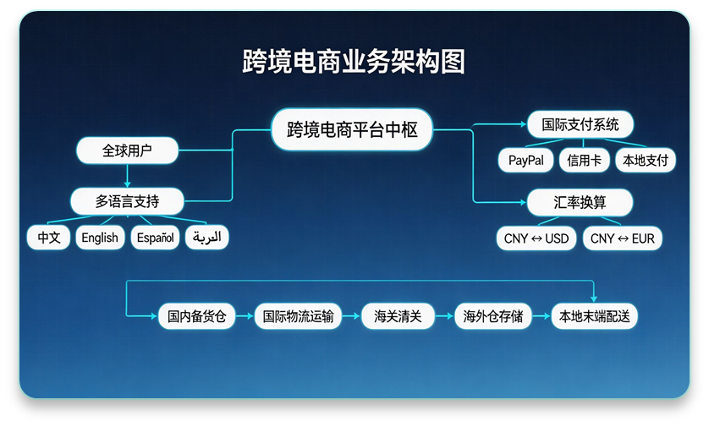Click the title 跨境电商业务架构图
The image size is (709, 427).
354,62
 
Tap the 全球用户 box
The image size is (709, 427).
127,151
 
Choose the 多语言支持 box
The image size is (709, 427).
127,201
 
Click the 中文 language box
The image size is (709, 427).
48,238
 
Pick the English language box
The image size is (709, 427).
100,238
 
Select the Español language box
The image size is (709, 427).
156,238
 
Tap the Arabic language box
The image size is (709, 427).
207,238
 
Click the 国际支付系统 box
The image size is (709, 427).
580,124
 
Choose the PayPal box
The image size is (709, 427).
525,160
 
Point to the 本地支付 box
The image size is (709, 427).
645,160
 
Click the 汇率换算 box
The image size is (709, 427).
580,203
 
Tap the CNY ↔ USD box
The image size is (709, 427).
536,238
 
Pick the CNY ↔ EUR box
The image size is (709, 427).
623,238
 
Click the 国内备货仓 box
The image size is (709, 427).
196,317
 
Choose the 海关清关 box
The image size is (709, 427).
398,317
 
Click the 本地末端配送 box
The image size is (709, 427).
594,317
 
